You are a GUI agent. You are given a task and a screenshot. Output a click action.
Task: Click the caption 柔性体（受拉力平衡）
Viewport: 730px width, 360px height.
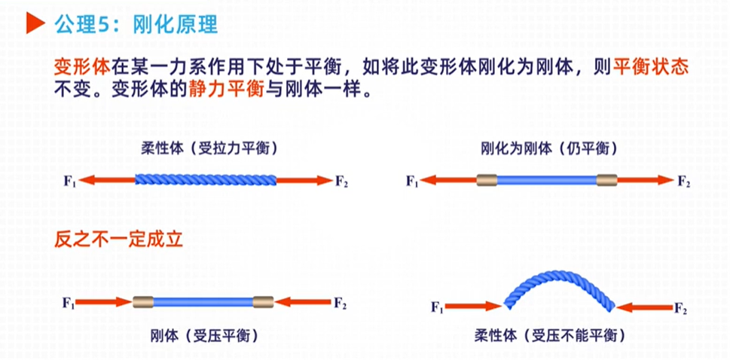pos(206,148)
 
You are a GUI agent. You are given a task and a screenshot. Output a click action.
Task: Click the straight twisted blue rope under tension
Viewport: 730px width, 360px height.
pos(206,180)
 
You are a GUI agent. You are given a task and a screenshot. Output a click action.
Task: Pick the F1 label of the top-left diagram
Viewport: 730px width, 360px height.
pos(70,181)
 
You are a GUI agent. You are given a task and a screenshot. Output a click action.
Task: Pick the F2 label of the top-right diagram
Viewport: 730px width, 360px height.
pos(683,181)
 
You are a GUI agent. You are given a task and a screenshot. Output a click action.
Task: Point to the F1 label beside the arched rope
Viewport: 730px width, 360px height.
pos(436,307)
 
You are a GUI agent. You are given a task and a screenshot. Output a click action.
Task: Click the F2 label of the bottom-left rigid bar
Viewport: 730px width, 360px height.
pos(340,304)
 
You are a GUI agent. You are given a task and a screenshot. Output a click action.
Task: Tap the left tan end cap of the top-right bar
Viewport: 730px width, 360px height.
pos(487,181)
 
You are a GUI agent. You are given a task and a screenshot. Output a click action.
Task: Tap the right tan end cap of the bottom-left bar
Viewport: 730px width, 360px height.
pos(264,303)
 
